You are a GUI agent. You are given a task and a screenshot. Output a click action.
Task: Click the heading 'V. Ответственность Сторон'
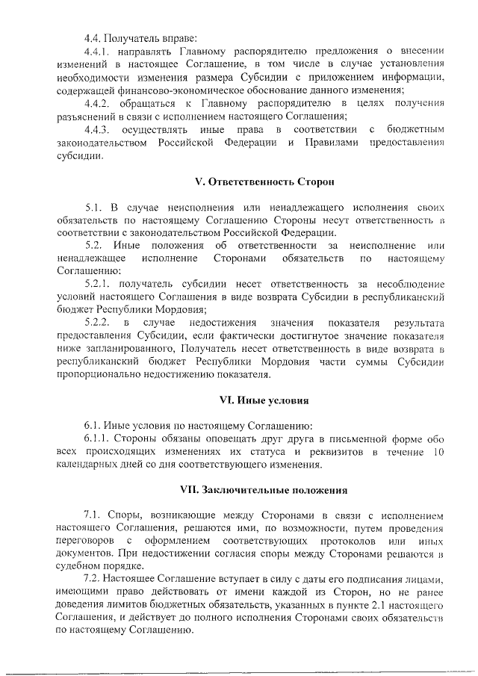254,182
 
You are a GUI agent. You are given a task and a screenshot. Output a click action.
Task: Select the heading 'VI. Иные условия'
254,401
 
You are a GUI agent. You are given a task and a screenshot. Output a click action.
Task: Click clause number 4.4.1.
98,51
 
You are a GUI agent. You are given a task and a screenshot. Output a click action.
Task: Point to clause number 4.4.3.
98,130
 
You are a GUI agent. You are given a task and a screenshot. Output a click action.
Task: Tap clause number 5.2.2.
98,323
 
